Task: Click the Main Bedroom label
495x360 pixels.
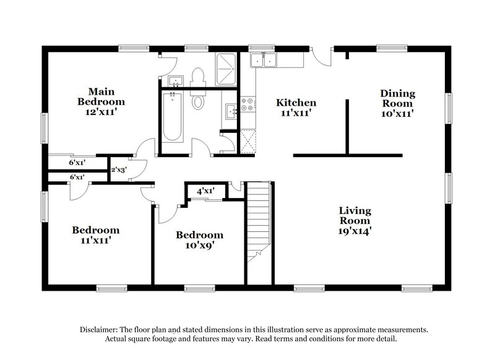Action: click(x=101, y=96)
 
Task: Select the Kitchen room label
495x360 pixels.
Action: click(x=296, y=103)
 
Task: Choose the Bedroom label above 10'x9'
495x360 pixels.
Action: click(x=199, y=235)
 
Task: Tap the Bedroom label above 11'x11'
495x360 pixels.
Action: click(x=92, y=230)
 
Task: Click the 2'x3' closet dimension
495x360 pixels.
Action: click(x=119, y=169)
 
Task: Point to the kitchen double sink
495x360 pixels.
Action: click(x=264, y=60)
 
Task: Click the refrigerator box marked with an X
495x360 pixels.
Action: click(x=247, y=140)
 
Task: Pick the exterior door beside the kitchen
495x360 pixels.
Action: click(x=321, y=55)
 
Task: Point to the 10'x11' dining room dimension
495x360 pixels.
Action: click(x=397, y=114)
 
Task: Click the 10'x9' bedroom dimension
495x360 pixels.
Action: click(x=199, y=246)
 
